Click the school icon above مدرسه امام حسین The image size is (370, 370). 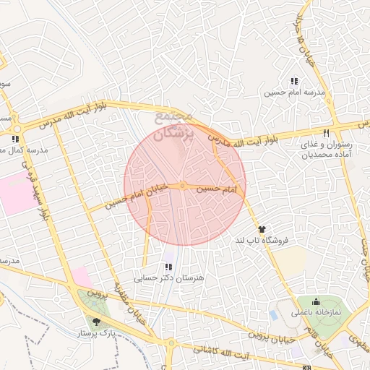click(x=294, y=82)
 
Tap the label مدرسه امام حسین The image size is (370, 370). click(x=294, y=92)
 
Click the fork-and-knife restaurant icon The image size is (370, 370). click(x=327, y=133)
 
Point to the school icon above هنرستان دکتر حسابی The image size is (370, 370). click(x=168, y=267)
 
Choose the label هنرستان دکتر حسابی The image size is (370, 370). click(x=170, y=277)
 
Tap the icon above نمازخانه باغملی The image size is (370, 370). click(x=316, y=302)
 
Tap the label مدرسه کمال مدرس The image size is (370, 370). click(x=24, y=150)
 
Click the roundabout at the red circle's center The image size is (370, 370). click(x=184, y=186)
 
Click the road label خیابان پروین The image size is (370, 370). click(x=273, y=334)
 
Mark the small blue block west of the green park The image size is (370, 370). click(x=273, y=316)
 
